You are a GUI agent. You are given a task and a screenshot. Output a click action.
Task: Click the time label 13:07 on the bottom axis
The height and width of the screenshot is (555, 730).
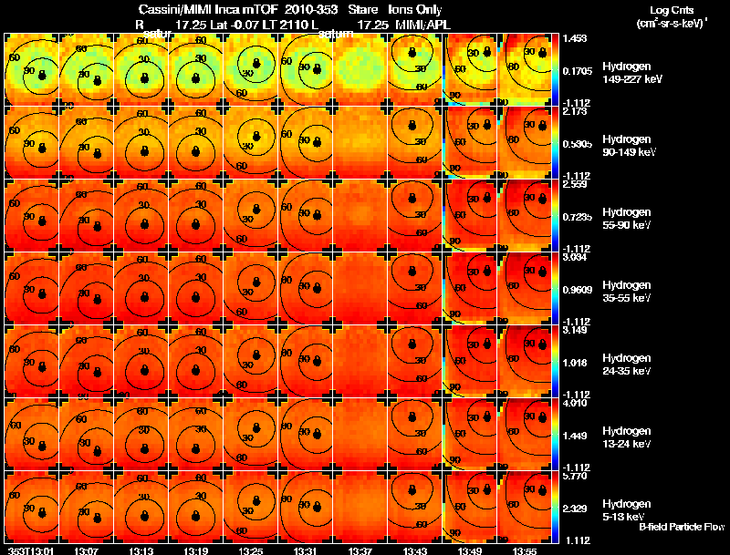[x=87, y=550]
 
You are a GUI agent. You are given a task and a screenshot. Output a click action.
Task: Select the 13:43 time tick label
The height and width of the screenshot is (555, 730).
[x=415, y=550]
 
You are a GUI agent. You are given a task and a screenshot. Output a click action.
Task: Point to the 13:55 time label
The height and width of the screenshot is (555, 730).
[x=525, y=550]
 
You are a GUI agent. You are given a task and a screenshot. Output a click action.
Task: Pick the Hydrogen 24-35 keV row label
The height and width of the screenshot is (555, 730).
[x=628, y=364]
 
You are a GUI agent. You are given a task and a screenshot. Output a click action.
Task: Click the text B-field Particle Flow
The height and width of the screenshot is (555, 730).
[x=681, y=527]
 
